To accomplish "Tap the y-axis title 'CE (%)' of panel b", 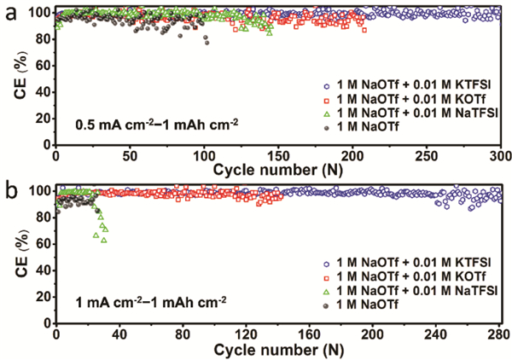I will tap(18, 258).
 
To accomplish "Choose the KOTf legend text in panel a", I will tap(410, 99).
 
